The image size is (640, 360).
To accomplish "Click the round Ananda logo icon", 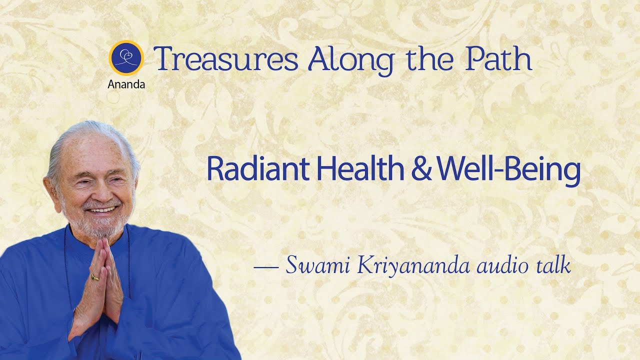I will pos(126,57).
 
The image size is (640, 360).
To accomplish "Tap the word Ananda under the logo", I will pos(126,84).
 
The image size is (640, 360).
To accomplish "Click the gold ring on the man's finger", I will pos(95,276).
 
